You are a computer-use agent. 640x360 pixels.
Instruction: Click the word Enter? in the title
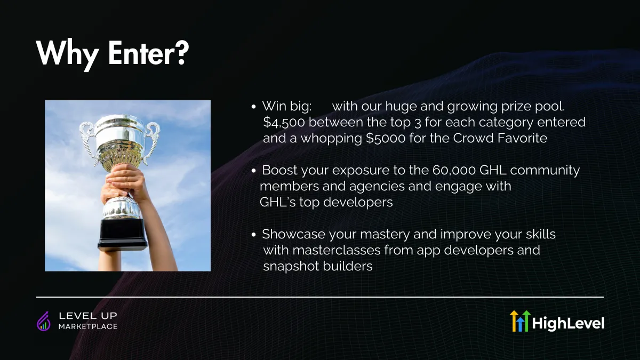click(148, 53)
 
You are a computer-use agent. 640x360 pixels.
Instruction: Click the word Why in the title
click(67, 55)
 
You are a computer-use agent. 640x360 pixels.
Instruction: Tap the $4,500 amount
click(284, 122)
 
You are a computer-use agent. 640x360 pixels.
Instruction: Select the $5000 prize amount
click(386, 138)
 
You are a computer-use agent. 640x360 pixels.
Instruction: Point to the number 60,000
click(454, 170)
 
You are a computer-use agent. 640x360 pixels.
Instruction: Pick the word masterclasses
click(337, 250)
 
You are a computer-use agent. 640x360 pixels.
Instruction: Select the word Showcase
click(293, 234)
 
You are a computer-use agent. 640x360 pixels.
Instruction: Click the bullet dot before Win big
click(253, 107)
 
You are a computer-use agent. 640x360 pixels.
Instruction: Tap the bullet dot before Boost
click(253, 171)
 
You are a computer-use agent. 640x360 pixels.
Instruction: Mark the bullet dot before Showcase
click(253, 235)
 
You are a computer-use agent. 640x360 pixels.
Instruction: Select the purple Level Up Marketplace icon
click(44, 321)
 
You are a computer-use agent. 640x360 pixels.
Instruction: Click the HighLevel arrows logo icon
click(520, 321)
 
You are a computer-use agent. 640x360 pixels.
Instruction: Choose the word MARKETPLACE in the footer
click(88, 326)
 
